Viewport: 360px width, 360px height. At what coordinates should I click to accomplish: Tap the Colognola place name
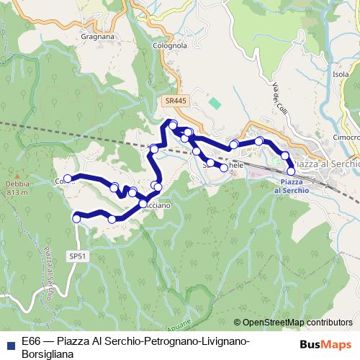[x=170, y=45]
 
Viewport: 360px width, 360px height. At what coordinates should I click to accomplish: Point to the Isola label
[x=341, y=74]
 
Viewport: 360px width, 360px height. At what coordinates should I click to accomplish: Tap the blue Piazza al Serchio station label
[x=291, y=186]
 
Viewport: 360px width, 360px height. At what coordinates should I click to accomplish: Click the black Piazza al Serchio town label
[x=327, y=164]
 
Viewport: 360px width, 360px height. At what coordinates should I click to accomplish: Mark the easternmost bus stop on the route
[x=291, y=171]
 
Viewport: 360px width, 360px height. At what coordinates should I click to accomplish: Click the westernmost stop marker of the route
[x=68, y=179]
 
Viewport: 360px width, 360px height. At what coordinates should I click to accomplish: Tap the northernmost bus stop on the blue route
[x=173, y=125]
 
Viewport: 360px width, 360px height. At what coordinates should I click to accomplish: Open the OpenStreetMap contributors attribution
[x=292, y=323]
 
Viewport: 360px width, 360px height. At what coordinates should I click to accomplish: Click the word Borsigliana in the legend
[x=50, y=353]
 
